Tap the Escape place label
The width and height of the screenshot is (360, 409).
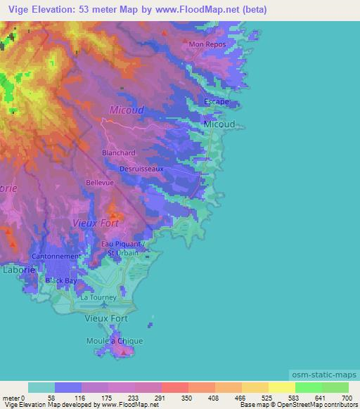click(x=217, y=102)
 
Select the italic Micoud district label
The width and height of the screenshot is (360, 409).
click(x=127, y=110)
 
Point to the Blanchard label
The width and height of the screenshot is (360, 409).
click(x=119, y=152)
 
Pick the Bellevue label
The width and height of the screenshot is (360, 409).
click(x=100, y=182)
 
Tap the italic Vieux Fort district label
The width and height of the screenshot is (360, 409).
click(x=96, y=223)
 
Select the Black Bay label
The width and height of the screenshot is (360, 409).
click(x=61, y=280)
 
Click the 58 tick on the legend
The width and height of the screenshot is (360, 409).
click(x=41, y=398)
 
